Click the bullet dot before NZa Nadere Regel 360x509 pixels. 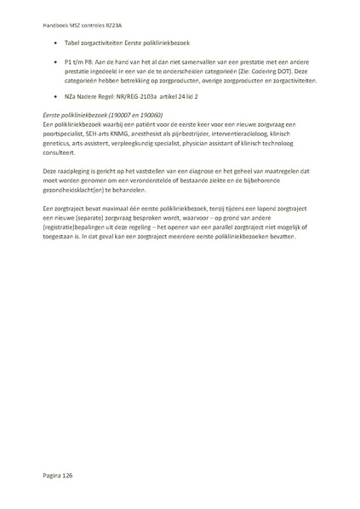pos(56,96)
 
